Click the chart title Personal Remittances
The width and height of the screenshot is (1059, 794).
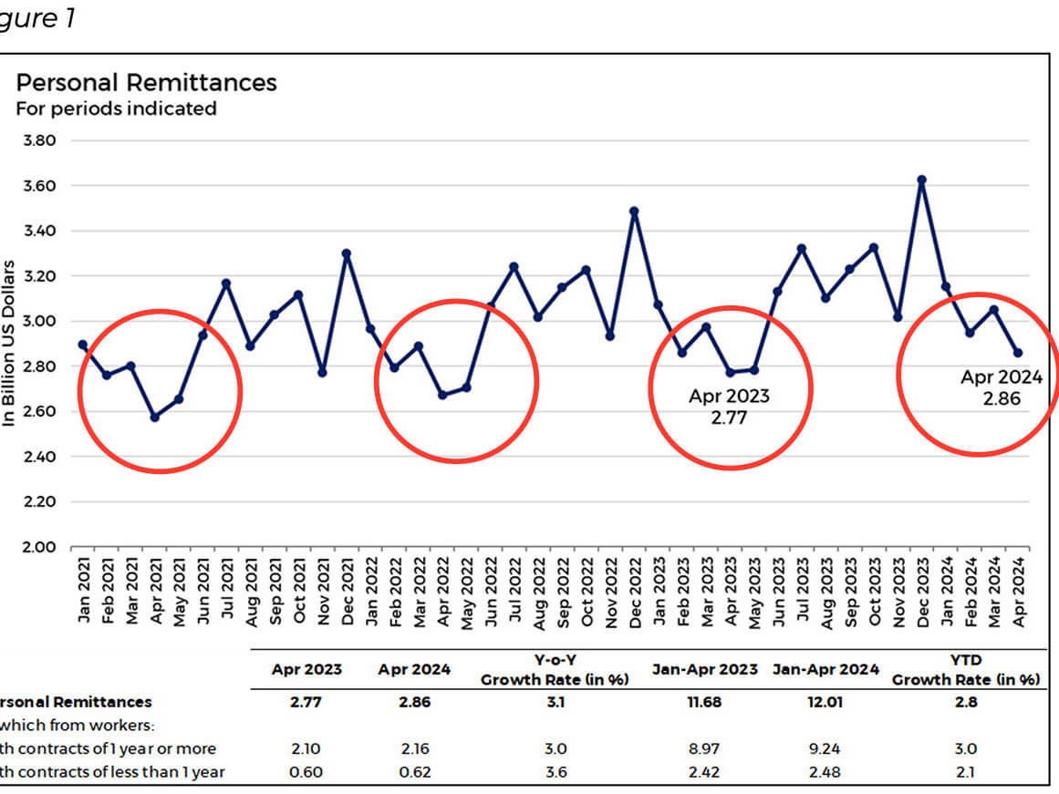tap(146, 83)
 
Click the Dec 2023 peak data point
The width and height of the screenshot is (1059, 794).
tap(921, 180)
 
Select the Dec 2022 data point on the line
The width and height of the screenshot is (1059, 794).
tap(634, 211)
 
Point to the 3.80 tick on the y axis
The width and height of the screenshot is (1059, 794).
tap(38, 141)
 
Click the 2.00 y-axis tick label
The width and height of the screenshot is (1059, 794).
tap(38, 547)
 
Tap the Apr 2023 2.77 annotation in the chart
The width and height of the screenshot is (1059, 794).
tap(729, 407)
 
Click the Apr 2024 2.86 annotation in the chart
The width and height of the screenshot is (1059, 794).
tap(1001, 387)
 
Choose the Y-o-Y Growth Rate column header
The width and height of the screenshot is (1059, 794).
tap(555, 671)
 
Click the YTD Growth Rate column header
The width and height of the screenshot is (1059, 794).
tap(965, 671)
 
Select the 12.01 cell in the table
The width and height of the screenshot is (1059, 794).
tap(825, 703)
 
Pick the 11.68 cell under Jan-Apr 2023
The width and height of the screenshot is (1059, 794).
tap(704, 703)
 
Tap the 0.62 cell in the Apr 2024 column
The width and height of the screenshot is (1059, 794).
tap(414, 772)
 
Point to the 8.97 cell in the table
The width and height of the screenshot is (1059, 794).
tap(704, 749)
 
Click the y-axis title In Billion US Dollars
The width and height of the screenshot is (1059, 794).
tap(10, 344)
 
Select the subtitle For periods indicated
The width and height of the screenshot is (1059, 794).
tap(116, 108)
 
